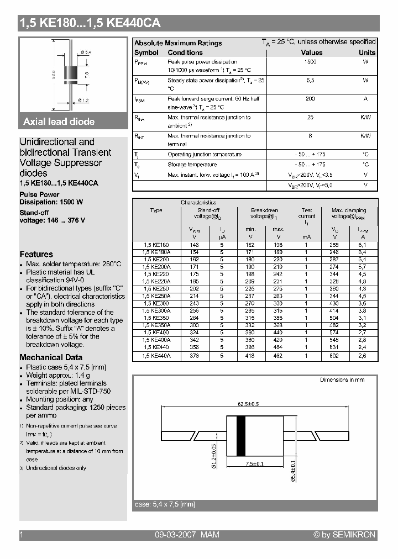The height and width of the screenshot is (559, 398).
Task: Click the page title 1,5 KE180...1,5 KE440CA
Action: [90, 23]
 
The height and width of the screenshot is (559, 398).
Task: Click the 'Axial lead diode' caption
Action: [59, 122]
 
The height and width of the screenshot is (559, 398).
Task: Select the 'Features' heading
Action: [36, 254]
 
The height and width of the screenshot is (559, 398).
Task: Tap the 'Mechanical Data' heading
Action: [51, 357]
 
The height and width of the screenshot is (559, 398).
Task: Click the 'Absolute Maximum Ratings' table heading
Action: [178, 43]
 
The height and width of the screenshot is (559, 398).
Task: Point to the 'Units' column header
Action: [366, 52]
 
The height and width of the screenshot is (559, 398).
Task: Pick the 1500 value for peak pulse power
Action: [311, 62]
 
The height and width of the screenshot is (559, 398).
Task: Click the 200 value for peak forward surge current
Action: [310, 98]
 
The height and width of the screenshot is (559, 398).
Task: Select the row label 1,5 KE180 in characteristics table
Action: [156, 244]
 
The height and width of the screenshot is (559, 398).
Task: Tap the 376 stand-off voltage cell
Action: [195, 356]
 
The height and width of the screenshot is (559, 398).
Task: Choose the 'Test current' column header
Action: [307, 214]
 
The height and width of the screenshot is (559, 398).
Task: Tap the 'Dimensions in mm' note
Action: [342, 380]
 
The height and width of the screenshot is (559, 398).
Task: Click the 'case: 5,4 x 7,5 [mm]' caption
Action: [165, 504]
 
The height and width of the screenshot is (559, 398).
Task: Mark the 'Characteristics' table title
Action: [198, 202]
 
